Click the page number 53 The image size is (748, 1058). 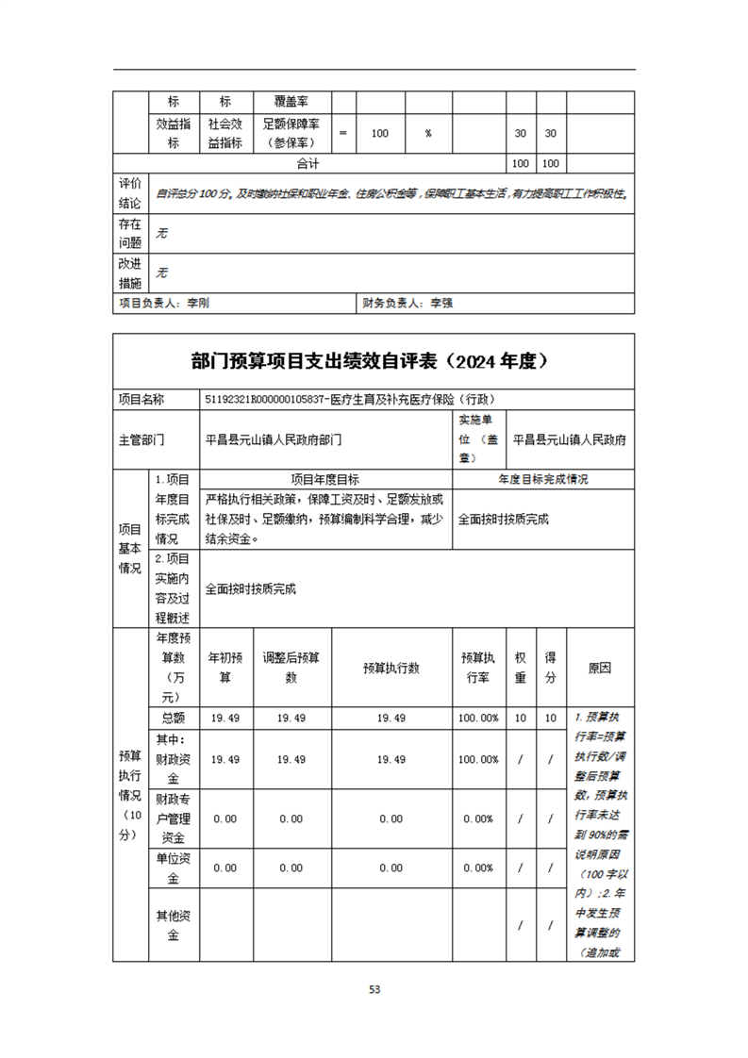click(x=374, y=990)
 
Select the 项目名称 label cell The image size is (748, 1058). click(x=141, y=400)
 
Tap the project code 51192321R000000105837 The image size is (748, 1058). click(x=269, y=400)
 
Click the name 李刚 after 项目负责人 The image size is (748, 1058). click(x=198, y=304)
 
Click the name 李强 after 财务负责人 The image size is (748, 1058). click(x=442, y=304)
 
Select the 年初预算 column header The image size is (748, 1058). click(x=224, y=668)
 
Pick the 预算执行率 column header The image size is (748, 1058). click(x=478, y=668)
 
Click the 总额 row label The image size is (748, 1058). click(x=173, y=719)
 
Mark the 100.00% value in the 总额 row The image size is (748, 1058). click(x=478, y=719)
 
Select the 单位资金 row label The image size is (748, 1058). click(x=173, y=868)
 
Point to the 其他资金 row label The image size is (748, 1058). click(x=173, y=925)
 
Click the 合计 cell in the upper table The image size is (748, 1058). click(x=308, y=164)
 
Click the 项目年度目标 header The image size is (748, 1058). click(x=325, y=479)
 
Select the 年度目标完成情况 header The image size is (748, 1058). click(x=543, y=479)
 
